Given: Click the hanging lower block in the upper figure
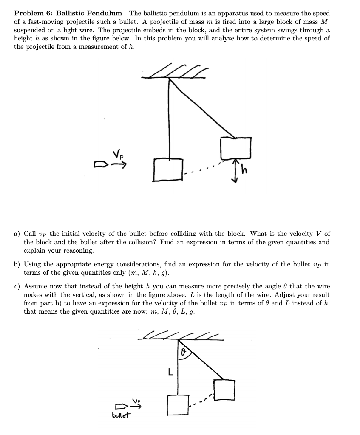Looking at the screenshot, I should [x=169, y=169].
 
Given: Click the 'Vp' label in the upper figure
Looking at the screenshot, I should [x=119, y=155].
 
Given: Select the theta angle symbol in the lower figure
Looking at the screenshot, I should [x=184, y=352].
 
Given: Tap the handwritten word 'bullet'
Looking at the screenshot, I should [x=122, y=415].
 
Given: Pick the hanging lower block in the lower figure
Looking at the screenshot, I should [x=177, y=405].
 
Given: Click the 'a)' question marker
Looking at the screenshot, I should [x=17, y=234].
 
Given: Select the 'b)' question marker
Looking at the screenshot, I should [x=17, y=264].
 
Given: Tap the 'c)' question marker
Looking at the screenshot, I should [x=17, y=287].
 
